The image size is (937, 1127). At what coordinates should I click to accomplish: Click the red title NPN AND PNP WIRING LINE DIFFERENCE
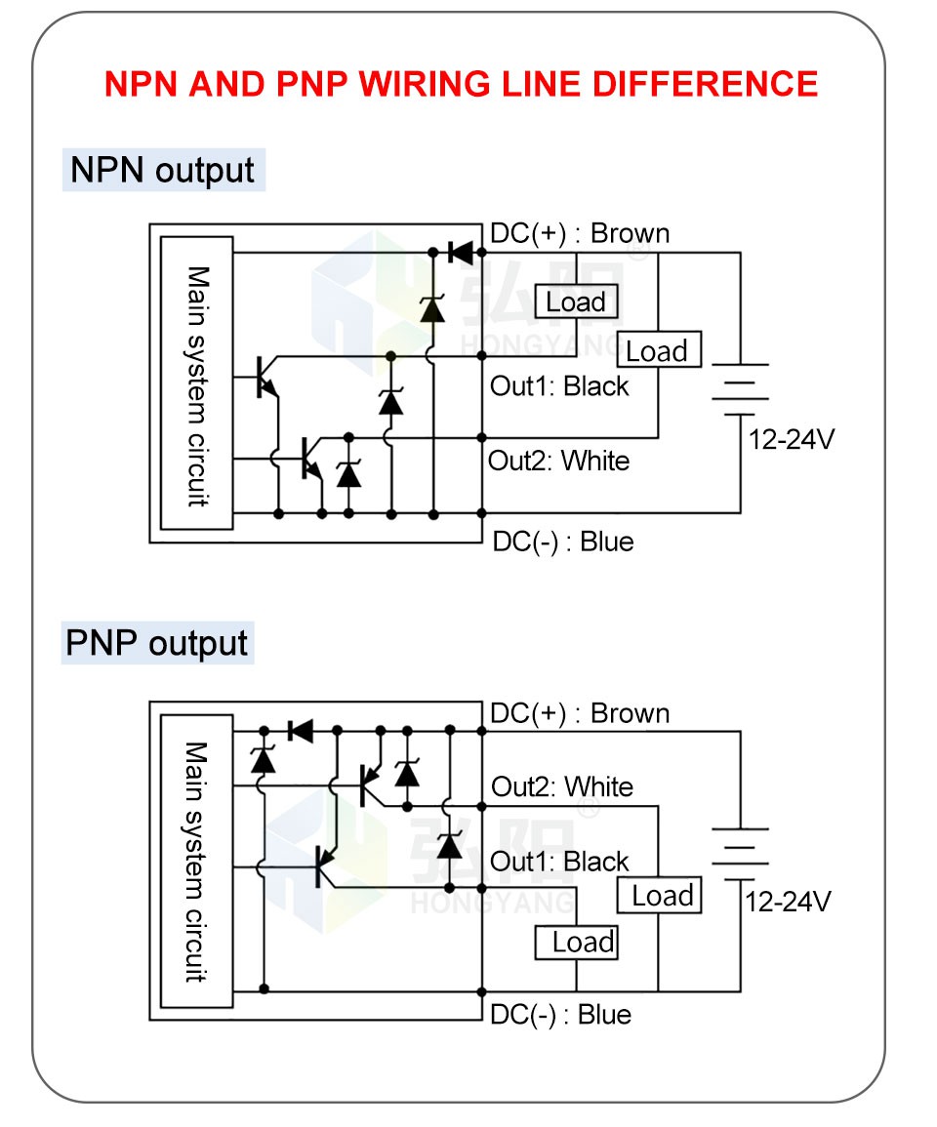click(x=461, y=84)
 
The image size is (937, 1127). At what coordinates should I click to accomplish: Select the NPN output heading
click(x=162, y=170)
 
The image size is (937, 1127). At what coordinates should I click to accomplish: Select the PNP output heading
click(x=157, y=644)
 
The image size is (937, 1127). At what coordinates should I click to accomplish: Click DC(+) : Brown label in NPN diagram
click(x=580, y=233)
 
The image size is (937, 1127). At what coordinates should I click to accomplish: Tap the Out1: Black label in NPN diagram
click(x=559, y=386)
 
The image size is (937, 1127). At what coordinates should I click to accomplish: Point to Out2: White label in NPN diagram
click(x=558, y=460)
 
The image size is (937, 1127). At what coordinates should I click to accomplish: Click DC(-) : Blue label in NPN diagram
click(x=562, y=542)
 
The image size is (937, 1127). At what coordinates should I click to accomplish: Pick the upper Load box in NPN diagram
click(x=576, y=302)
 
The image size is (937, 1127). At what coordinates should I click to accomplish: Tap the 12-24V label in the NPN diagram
click(x=792, y=439)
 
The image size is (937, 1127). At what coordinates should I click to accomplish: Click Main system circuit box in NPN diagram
click(x=197, y=383)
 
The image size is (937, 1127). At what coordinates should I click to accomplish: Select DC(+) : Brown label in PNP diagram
click(x=580, y=713)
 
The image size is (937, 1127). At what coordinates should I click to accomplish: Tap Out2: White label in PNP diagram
click(x=561, y=786)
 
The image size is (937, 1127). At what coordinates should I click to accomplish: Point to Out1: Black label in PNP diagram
click(x=559, y=862)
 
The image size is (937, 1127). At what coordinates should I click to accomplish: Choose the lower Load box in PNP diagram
click(x=577, y=943)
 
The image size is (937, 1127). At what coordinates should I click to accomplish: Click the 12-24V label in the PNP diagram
click(x=788, y=902)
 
